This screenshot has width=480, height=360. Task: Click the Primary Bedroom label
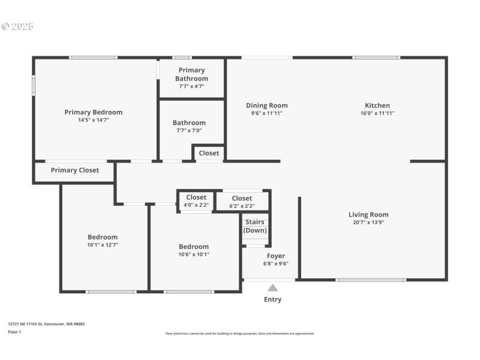tap(94, 112)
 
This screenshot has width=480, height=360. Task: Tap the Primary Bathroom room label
tap(192, 74)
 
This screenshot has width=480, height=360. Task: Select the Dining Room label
tap(266, 106)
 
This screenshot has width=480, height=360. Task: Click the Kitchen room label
tap(377, 106)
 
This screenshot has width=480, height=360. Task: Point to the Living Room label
tap(368, 215)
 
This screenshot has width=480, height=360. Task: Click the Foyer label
tap(276, 256)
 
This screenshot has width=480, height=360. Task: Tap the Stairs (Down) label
tap(255, 226)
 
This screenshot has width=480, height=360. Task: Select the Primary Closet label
tap(75, 170)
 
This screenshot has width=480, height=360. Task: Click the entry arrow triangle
tap(273, 288)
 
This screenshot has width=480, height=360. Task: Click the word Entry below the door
tap(272, 299)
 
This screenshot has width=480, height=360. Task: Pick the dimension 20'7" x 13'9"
tap(368, 223)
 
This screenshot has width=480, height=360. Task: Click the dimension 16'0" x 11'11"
tap(377, 113)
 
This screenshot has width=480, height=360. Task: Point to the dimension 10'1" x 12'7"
tap(103, 245)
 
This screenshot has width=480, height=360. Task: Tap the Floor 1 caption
tap(14, 332)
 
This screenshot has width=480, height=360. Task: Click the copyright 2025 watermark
tap(17, 27)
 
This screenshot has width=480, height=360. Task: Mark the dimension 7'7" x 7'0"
tap(189, 131)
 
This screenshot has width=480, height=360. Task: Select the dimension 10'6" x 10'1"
tap(194, 254)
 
